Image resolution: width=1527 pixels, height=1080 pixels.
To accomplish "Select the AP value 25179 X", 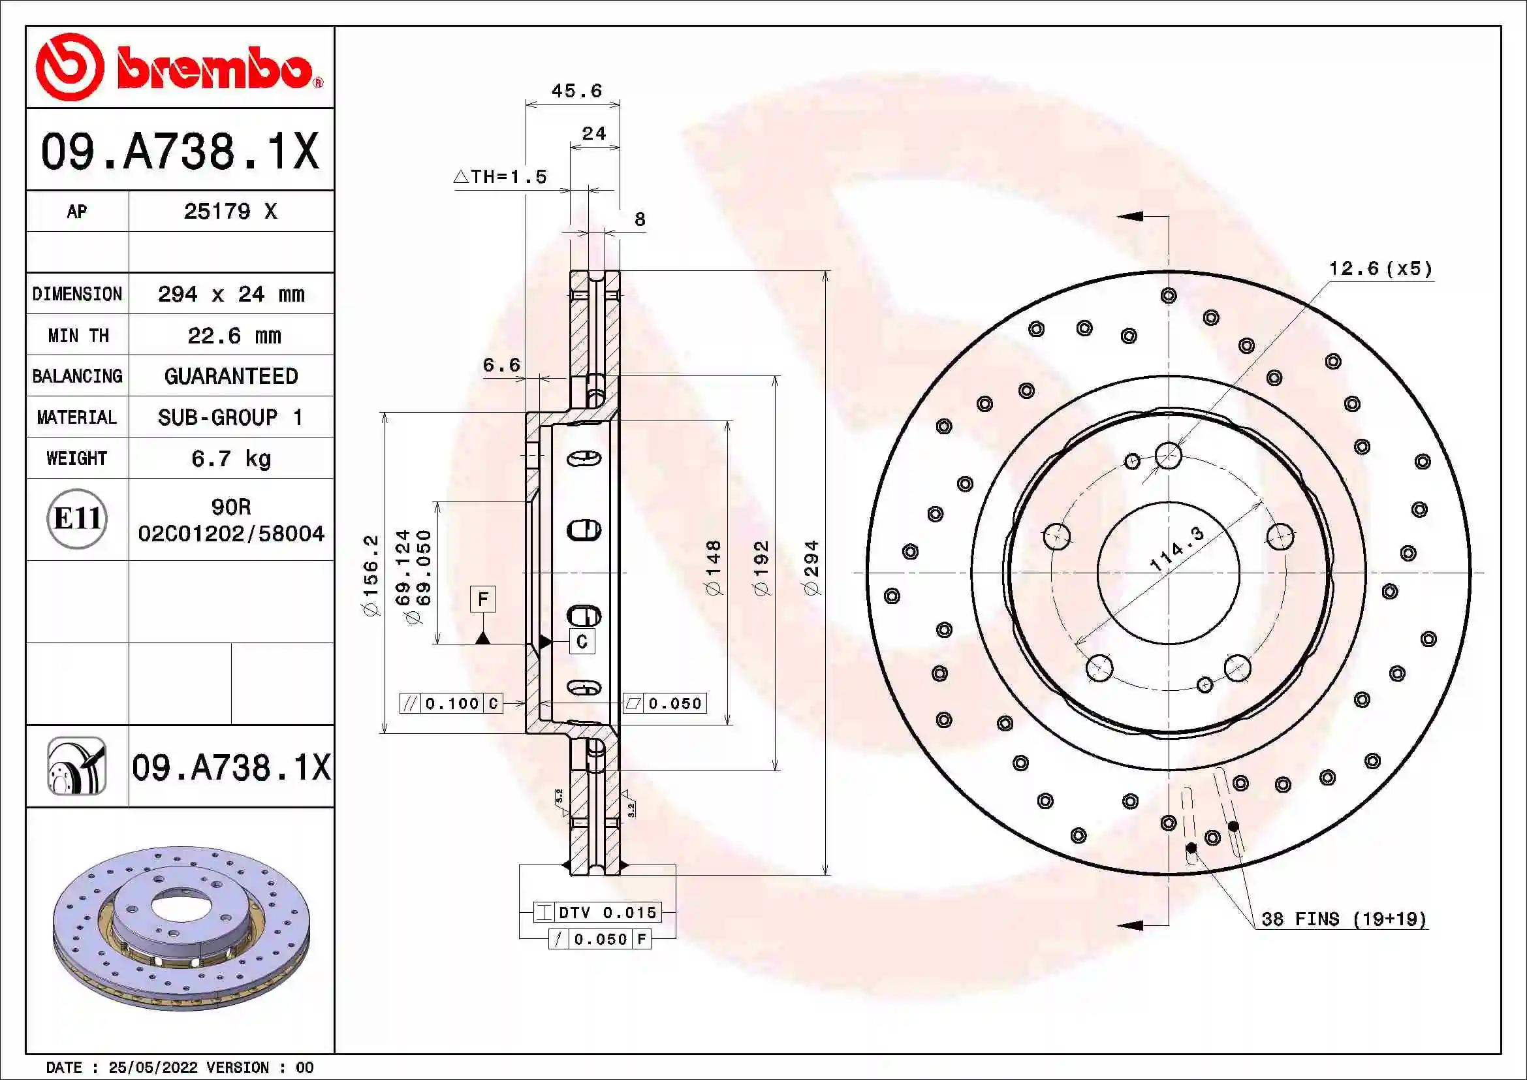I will [x=230, y=212].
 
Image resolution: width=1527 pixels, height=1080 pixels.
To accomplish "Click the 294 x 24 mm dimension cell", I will [x=230, y=294].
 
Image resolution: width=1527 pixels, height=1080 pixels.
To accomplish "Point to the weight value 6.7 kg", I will [x=230, y=458].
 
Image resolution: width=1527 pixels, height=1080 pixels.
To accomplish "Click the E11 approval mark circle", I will [x=77, y=518].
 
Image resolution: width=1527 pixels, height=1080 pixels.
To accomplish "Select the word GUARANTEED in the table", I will [x=230, y=376].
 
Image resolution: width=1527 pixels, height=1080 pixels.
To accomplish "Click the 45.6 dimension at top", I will [x=576, y=91].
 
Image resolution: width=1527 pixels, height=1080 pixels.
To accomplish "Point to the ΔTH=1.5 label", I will [x=500, y=177].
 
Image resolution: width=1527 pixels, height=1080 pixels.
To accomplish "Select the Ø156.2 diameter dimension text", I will [x=370, y=575].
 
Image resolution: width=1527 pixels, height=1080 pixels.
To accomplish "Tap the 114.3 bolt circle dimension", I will [x=1176, y=548].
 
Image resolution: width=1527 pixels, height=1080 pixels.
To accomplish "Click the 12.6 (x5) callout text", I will [x=1380, y=268].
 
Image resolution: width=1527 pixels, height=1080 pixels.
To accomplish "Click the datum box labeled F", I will [x=483, y=599].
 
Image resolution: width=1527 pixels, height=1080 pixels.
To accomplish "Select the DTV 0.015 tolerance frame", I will [x=597, y=912].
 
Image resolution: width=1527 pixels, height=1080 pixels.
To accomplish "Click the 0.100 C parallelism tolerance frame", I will [x=451, y=703].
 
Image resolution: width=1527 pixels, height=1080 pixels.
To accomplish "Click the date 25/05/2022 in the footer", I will [x=152, y=1068].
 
